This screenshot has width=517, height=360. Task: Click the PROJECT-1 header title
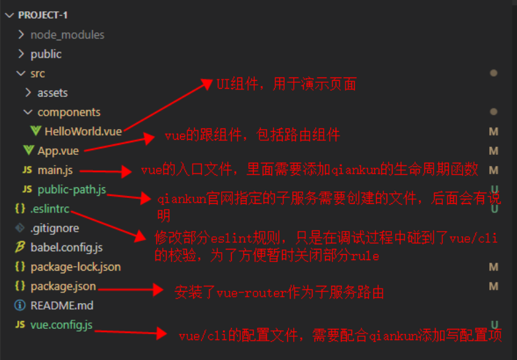[43, 15]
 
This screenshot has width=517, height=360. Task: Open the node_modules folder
[67, 34]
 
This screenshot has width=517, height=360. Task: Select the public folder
[46, 54]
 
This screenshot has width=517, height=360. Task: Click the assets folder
[52, 93]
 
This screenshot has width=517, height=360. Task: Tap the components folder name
[69, 112]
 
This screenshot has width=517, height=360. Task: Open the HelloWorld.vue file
[83, 131]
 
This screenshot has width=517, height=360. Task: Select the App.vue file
[58, 151]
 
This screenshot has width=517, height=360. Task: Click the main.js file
[55, 170]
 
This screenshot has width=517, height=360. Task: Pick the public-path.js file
[71, 190]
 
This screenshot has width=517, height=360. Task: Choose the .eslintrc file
[49, 209]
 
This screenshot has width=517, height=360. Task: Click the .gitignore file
[54, 228]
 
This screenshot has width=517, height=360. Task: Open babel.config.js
[66, 247]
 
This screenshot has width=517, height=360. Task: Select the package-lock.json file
[75, 267]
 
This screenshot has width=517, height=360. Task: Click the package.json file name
[63, 287]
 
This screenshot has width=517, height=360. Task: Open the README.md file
[62, 306]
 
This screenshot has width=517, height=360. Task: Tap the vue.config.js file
[61, 325]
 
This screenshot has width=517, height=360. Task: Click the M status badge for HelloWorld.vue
[493, 132]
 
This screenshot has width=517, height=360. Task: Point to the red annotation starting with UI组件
[287, 84]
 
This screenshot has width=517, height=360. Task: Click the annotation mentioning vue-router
[279, 292]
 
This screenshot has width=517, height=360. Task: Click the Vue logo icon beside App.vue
[28, 151]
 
